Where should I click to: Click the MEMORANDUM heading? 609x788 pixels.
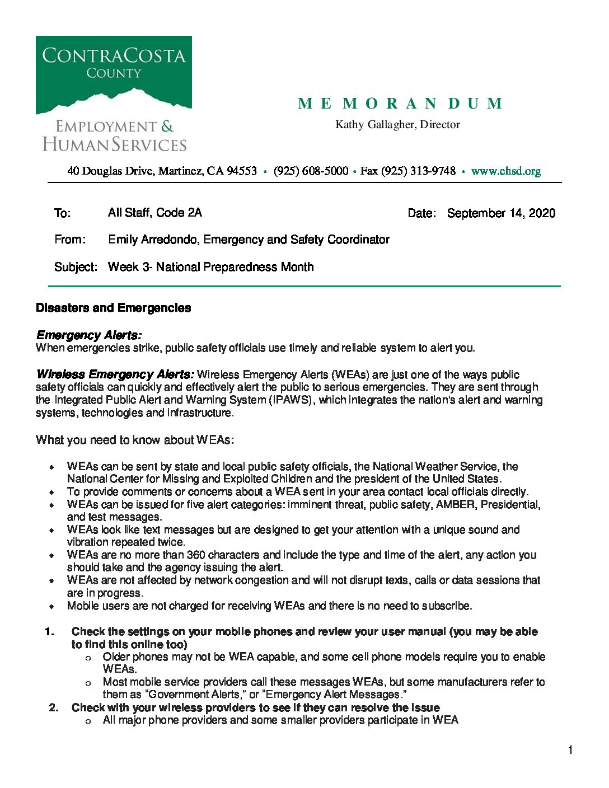(x=400, y=104)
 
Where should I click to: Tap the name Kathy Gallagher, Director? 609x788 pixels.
(x=397, y=124)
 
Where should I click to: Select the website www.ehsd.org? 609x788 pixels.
(x=505, y=171)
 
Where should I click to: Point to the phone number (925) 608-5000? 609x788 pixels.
(x=311, y=171)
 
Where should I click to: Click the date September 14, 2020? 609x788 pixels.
(x=501, y=213)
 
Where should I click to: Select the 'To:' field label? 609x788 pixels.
(x=62, y=213)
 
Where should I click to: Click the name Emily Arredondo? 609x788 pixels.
(x=154, y=240)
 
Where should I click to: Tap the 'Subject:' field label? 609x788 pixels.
(x=76, y=267)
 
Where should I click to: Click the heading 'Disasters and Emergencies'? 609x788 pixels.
(x=113, y=308)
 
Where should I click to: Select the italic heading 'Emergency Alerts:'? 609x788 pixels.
(x=88, y=335)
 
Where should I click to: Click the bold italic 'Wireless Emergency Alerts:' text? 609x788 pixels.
(x=115, y=374)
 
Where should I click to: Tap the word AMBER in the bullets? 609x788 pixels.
(x=456, y=505)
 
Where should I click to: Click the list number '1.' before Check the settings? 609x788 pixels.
(x=50, y=632)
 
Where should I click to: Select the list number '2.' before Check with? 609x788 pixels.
(x=54, y=708)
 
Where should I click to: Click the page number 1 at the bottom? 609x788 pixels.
(x=570, y=751)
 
